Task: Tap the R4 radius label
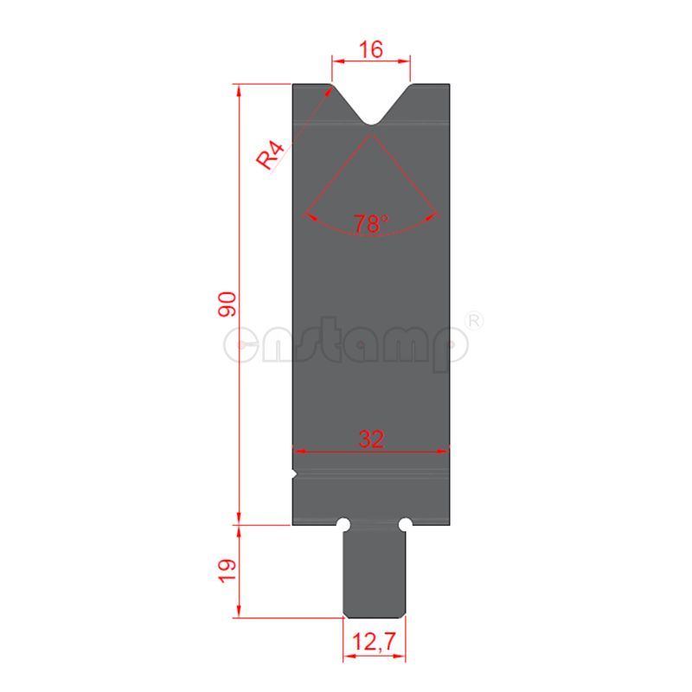point(271,157)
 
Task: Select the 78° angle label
point(371,224)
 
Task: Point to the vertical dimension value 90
point(227,304)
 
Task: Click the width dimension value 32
point(371,439)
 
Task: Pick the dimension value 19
point(227,571)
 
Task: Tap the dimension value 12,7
point(374,643)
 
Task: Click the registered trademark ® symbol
point(474,321)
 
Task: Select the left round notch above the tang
point(343,524)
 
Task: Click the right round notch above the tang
point(404,524)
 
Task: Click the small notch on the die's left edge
point(294,474)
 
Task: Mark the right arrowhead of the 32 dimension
point(445,450)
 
